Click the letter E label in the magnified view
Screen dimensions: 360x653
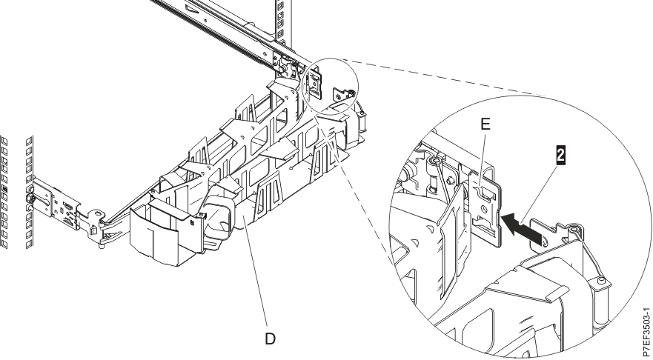(x=485, y=127)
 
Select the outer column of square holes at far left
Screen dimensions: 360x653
(x=6, y=193)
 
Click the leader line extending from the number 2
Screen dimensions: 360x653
(x=543, y=193)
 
